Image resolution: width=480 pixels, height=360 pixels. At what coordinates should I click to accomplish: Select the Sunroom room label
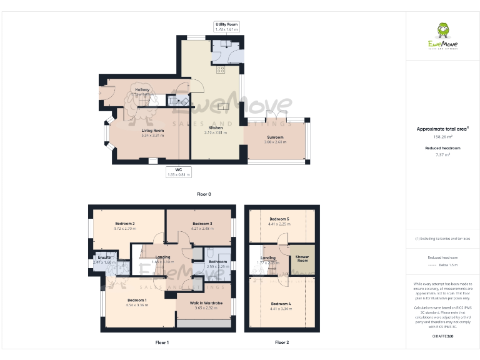(276, 137)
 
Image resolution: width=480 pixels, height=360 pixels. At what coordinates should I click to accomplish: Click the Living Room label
(152, 130)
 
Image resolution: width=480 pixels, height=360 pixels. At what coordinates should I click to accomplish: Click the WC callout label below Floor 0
(179, 169)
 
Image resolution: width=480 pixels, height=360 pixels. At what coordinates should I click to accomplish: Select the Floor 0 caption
(204, 194)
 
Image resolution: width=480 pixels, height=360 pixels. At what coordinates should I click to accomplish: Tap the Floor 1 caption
(162, 342)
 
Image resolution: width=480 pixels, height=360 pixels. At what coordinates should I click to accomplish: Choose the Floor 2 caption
(282, 342)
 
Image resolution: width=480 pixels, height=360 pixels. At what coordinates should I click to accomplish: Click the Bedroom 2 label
(125, 223)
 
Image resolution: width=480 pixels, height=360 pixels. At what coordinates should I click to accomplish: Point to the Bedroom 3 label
(202, 223)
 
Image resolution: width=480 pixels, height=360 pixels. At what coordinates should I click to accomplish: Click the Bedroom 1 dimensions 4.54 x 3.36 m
(137, 304)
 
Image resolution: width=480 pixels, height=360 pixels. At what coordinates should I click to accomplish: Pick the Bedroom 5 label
(279, 219)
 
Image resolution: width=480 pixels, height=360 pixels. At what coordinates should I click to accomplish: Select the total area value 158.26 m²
(442, 136)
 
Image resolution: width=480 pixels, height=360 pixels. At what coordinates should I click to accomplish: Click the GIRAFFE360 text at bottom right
(442, 336)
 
